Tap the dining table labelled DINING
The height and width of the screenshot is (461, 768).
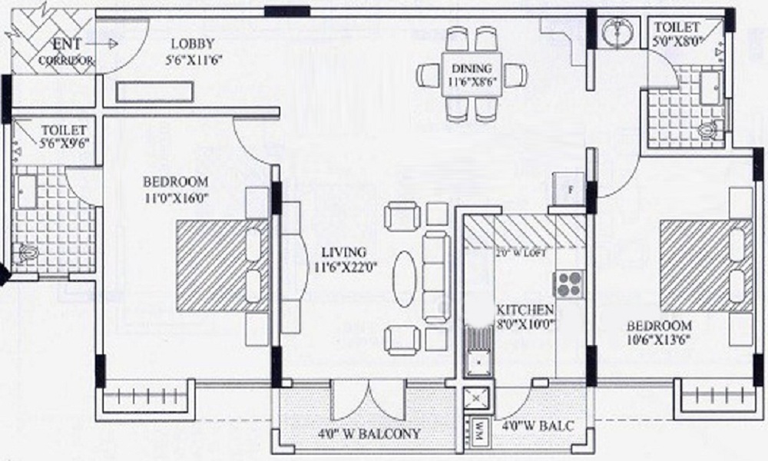(x=472, y=75)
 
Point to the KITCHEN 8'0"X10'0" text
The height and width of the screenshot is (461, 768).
(x=525, y=317)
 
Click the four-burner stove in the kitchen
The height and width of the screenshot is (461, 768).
(x=569, y=284)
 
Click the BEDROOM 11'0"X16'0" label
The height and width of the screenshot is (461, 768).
(x=175, y=189)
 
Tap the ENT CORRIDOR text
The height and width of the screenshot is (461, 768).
(x=65, y=51)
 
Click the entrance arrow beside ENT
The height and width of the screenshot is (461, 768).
(x=110, y=44)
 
